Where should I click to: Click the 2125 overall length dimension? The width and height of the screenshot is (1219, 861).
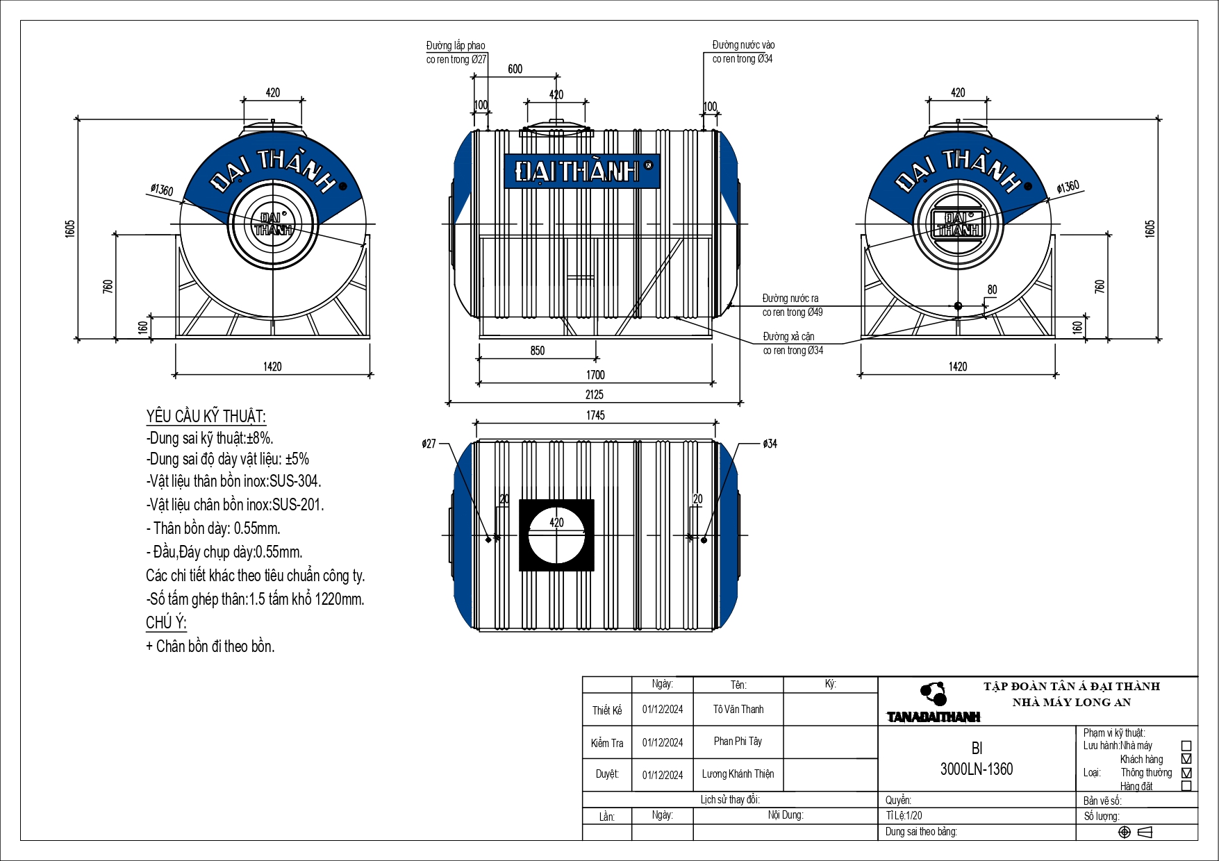(594, 394)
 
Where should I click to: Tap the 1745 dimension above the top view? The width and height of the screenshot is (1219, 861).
(595, 415)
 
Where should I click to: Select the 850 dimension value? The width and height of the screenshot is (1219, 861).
(538, 351)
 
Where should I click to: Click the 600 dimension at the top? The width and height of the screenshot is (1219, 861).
(515, 69)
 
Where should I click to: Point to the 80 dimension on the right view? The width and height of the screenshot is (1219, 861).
(992, 290)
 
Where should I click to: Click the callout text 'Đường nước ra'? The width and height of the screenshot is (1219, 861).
(790, 299)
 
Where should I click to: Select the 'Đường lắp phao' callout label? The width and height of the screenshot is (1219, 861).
(456, 46)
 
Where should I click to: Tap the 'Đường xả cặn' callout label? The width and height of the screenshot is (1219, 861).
(788, 337)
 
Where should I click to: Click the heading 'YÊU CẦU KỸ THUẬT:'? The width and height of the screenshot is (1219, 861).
(206, 417)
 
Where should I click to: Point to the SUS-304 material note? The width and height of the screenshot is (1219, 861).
(233, 481)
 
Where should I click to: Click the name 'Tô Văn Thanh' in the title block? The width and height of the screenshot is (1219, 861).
(738, 710)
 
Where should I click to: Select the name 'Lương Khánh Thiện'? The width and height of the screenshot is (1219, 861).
(738, 774)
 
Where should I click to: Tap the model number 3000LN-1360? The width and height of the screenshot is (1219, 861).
(977, 769)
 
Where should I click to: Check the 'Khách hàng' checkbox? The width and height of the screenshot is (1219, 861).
(1186, 759)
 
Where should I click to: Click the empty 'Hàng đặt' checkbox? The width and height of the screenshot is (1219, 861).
(1186, 786)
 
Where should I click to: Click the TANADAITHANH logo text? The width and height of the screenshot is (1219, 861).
(933, 717)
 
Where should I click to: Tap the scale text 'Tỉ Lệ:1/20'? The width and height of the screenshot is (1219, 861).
(904, 816)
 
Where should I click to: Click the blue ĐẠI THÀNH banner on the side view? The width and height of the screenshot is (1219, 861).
(581, 171)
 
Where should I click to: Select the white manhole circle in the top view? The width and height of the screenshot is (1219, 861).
(556, 535)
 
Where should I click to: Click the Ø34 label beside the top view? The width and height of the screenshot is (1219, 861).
(770, 444)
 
